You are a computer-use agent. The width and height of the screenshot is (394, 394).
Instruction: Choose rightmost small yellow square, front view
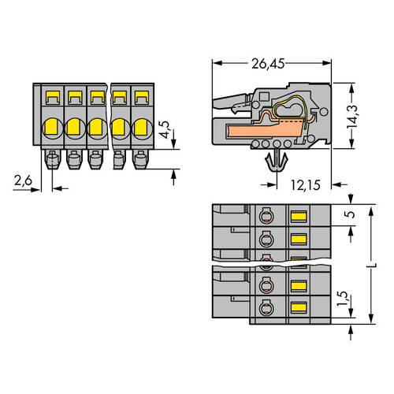coord(142,98)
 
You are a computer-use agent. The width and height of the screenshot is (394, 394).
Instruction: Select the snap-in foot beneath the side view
coord(275,162)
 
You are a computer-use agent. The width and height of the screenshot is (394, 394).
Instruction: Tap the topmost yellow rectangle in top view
coord(299,215)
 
